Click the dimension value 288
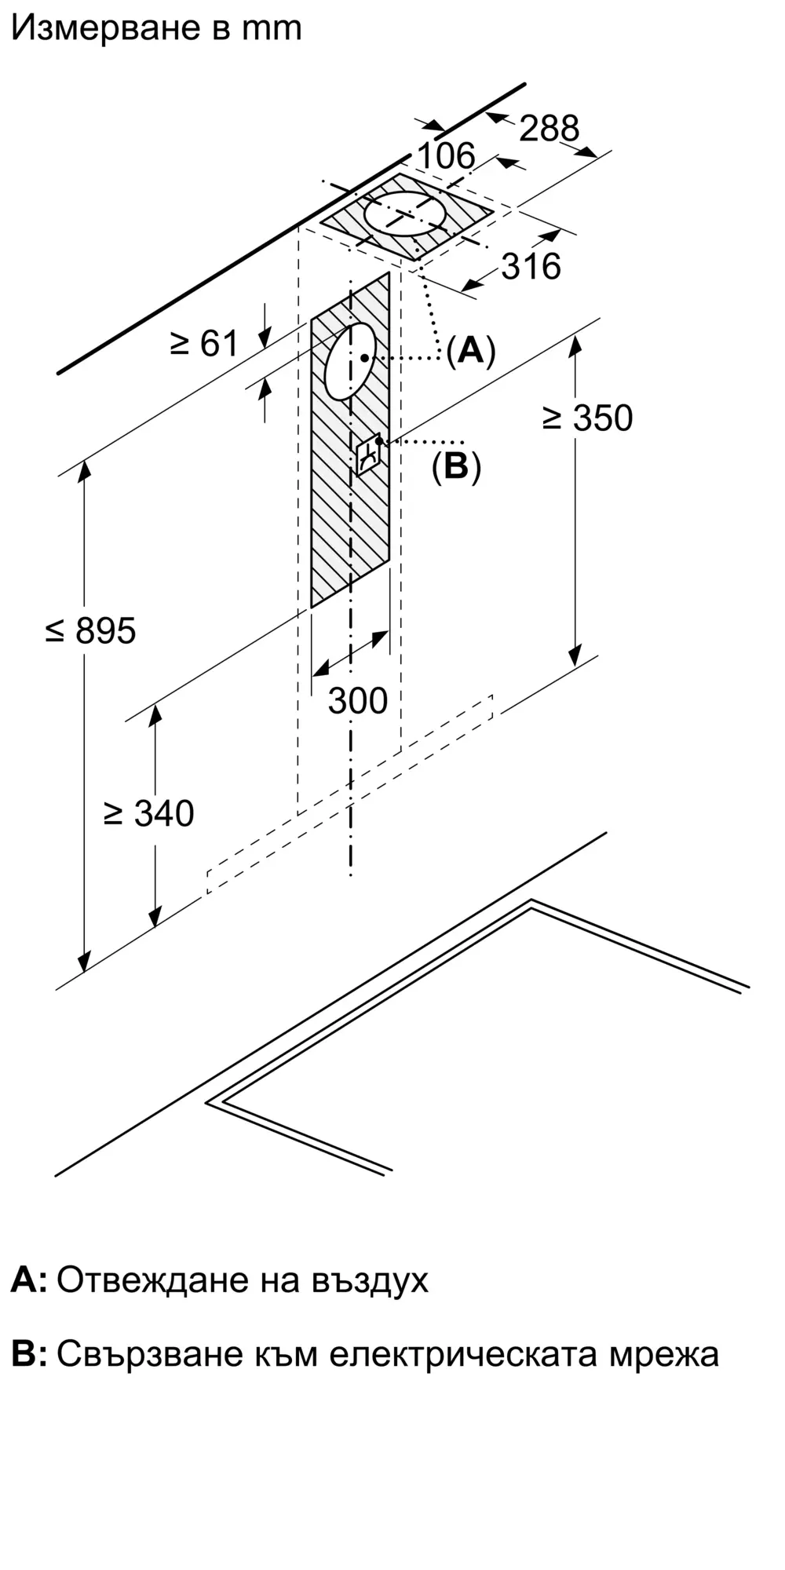[549, 128]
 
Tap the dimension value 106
[446, 155]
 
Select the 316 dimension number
[531, 267]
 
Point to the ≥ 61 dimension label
[204, 343]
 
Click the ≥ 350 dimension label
[587, 418]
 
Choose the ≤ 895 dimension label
[91, 630]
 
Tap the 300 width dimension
[358, 700]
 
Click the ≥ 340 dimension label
[148, 813]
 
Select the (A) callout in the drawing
[471, 350]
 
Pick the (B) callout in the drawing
[456, 467]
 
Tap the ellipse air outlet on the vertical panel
[350, 360]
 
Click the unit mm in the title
[271, 28]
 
